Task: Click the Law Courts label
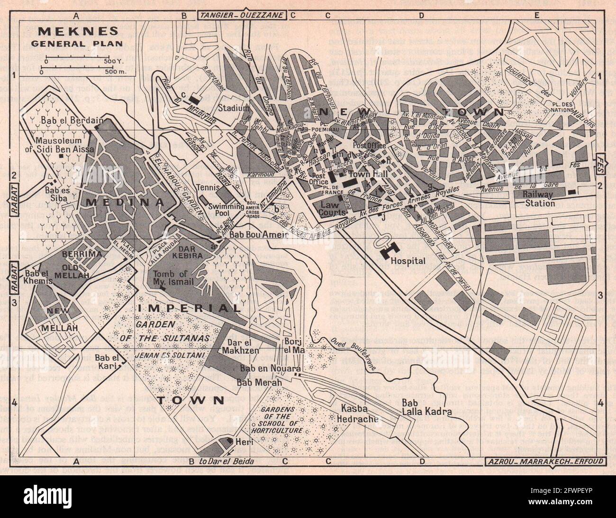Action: pos(333,209)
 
